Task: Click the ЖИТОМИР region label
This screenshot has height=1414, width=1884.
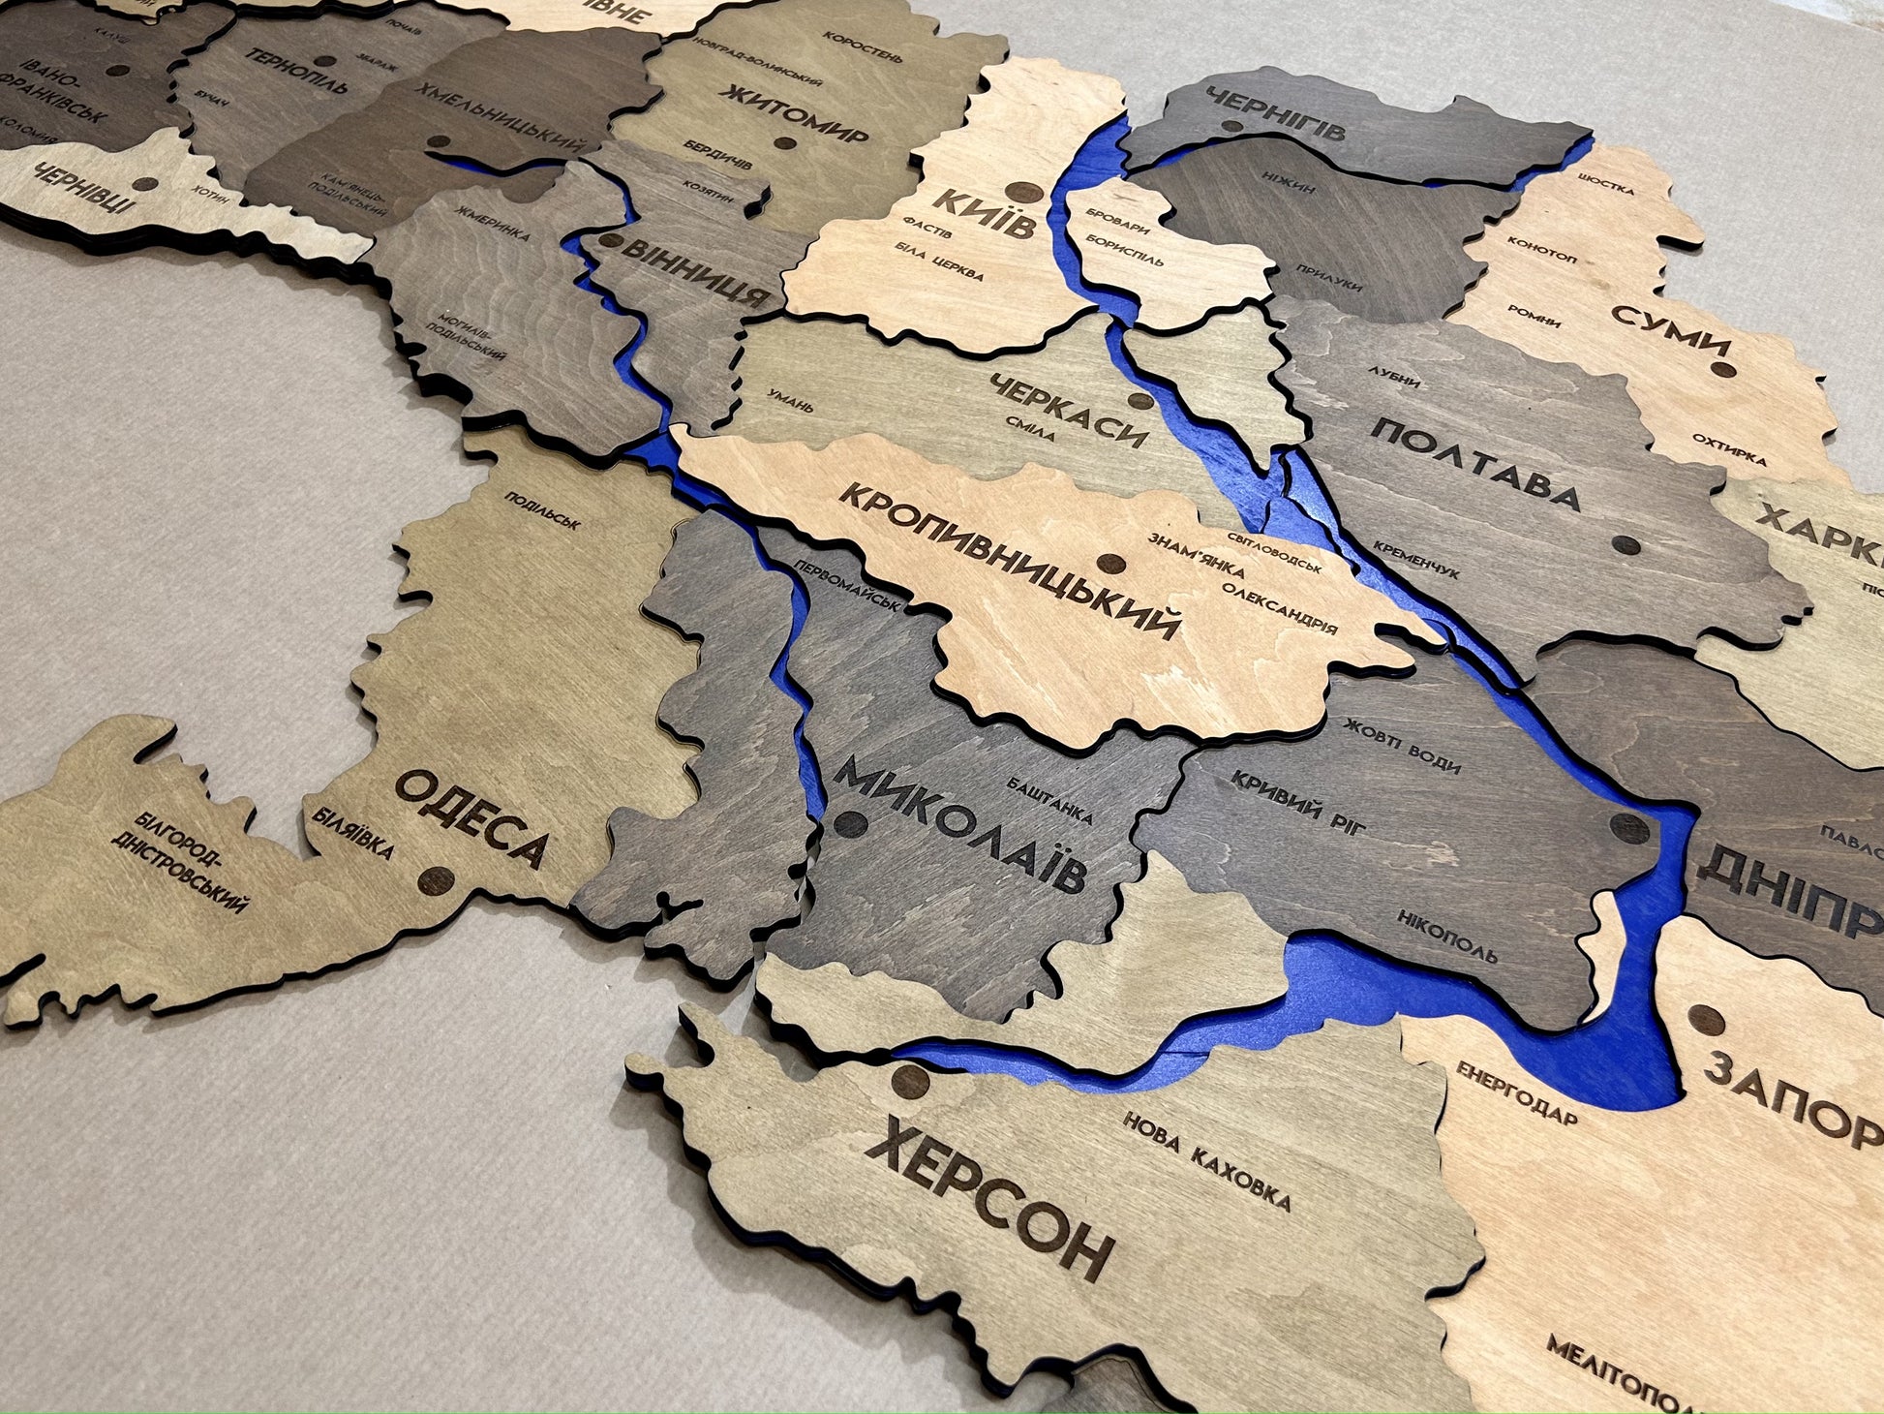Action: (x=795, y=115)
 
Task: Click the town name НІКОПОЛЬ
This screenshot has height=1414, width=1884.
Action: (x=1446, y=938)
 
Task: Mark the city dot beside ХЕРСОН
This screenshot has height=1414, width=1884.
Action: (x=910, y=1079)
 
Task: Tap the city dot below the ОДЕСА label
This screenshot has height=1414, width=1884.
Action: (x=436, y=881)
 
